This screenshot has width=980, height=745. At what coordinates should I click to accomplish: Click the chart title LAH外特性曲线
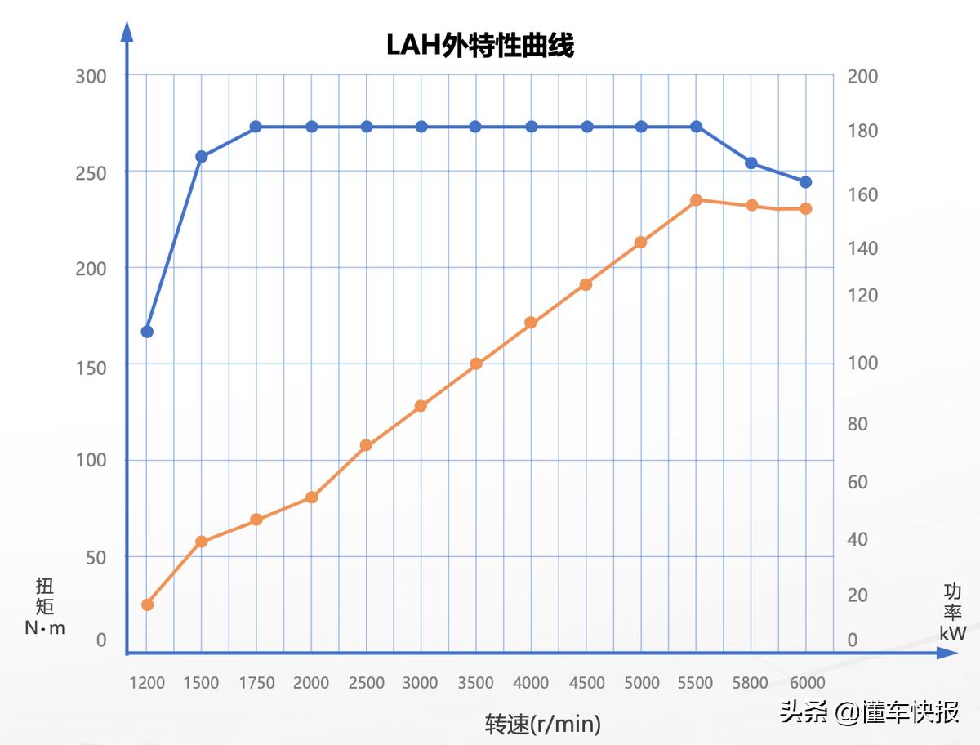(x=480, y=46)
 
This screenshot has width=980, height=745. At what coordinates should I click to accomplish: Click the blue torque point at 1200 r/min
(x=147, y=332)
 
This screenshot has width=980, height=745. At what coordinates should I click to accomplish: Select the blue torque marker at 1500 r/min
(x=202, y=156)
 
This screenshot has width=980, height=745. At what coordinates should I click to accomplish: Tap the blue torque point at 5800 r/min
(x=751, y=163)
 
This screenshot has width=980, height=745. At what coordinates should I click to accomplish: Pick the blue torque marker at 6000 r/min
(x=805, y=181)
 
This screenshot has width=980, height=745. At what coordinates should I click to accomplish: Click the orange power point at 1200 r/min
(x=147, y=604)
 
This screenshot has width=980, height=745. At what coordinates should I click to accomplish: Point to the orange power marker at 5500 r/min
(x=697, y=200)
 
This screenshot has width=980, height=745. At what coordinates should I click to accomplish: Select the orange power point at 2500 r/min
(x=366, y=445)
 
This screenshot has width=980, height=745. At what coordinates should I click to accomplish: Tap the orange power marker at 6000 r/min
(x=805, y=208)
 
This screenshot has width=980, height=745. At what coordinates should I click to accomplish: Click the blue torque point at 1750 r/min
(x=256, y=127)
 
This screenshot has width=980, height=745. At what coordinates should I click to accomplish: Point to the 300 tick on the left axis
(x=91, y=77)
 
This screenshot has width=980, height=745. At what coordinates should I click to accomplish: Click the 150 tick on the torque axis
(x=91, y=368)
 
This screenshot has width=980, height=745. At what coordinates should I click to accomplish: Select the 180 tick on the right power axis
(x=862, y=131)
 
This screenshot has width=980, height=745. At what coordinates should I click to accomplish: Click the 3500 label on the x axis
(x=475, y=683)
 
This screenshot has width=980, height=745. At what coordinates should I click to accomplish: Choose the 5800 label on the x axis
(x=751, y=683)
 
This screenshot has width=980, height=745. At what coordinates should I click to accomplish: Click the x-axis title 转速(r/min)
(x=543, y=724)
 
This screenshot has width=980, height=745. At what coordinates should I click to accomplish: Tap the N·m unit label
(x=45, y=628)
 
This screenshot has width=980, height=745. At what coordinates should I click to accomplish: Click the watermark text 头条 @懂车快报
(x=869, y=712)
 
